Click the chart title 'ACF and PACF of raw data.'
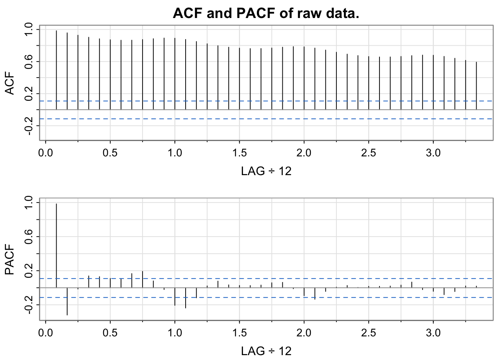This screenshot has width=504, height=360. coord(266,13)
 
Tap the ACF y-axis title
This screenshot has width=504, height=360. coord(9,83)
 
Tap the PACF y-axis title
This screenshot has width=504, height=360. coord(9,259)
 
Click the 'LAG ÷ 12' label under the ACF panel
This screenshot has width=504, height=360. coord(266,171)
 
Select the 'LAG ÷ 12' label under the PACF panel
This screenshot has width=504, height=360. coord(266,351)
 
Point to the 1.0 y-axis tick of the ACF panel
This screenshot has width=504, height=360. coord(28,30)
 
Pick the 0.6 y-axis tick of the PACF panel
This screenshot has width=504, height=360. coord(28,237)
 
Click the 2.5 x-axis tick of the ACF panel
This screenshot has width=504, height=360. coord(369,153)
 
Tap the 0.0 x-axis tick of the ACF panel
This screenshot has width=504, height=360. coord(45,153)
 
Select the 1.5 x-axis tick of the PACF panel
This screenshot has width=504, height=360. coord(239,333)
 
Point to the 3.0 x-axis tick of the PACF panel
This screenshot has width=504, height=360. coord(433,333)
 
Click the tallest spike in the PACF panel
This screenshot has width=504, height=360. coord(56,246)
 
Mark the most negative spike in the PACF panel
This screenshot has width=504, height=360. coord(67,301)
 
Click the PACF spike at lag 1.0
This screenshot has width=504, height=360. coord(175,297)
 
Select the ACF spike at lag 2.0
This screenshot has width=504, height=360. coord(304,78)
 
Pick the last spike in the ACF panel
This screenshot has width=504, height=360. coord(476,86)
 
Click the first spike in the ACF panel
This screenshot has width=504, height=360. coord(56,70)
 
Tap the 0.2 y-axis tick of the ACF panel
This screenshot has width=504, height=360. coord(28,94)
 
